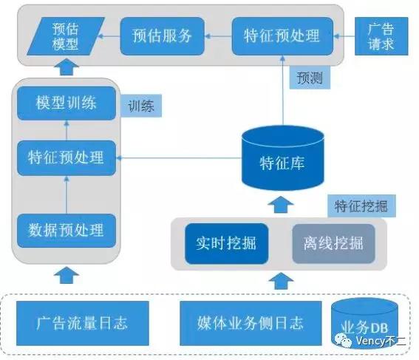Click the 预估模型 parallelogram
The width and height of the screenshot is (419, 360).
(66, 36)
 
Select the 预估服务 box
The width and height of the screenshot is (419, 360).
(163, 36)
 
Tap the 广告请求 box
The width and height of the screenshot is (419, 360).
(381, 36)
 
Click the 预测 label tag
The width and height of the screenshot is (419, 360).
(310, 78)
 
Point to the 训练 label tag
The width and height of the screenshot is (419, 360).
(141, 106)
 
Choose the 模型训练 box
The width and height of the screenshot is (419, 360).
(67, 103)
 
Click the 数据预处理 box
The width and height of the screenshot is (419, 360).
(67, 231)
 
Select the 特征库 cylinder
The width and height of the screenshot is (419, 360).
(283, 158)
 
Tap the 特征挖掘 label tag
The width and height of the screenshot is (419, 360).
(361, 206)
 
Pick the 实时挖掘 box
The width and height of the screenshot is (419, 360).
(227, 243)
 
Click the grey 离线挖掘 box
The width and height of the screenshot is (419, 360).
(334, 243)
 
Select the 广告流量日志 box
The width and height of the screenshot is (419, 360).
(83, 323)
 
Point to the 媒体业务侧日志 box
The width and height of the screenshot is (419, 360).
(251, 323)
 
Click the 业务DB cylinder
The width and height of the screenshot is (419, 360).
(365, 323)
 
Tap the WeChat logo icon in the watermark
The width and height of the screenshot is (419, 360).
(343, 341)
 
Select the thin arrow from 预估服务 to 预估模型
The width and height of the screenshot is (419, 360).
(109, 36)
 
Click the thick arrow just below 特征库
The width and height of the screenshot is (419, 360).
(281, 205)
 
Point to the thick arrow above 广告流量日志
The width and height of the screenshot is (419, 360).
(67, 275)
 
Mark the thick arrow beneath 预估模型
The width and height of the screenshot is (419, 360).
(67, 67)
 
